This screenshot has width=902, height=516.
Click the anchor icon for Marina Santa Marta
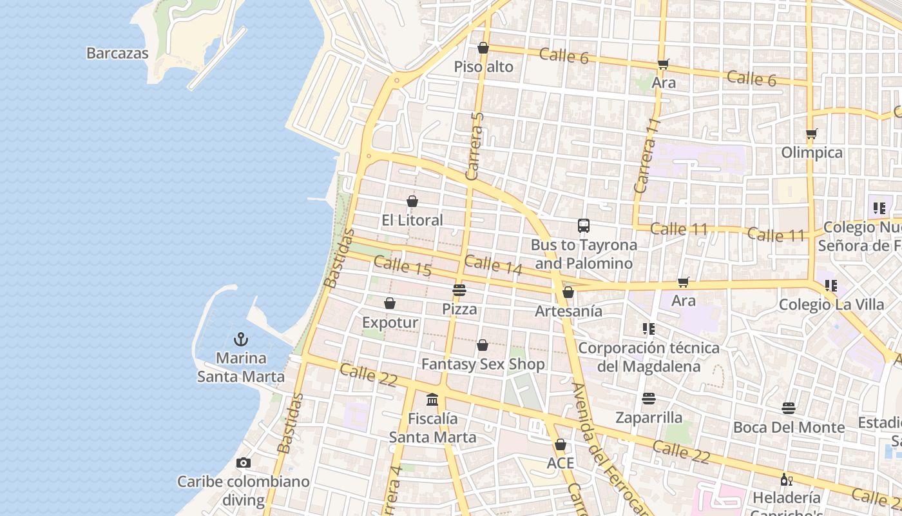tap(241, 339)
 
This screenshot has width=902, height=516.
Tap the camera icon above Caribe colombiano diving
tap(243, 462)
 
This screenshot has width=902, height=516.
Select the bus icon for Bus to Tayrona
tap(584, 226)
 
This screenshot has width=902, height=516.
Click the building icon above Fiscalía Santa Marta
tap(432, 399)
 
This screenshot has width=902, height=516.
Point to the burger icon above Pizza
tap(459, 290)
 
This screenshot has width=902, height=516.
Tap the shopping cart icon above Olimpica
tap(811, 134)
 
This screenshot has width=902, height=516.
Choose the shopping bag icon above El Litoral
tap(412, 201)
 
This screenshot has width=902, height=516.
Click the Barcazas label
tap(117, 54)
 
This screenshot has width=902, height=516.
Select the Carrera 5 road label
tap(475, 146)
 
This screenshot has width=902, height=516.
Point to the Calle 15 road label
tap(403, 266)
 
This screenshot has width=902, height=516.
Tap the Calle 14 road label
tap(493, 264)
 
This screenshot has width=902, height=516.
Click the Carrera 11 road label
tap(647, 156)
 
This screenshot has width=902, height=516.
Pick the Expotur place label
tap(390, 322)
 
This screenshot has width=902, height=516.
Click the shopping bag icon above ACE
tap(560, 444)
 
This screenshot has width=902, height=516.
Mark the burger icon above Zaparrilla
tap(648, 399)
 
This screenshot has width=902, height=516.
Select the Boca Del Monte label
tap(789, 427)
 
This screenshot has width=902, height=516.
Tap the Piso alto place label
tap(483, 67)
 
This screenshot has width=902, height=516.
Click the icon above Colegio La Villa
tap(831, 285)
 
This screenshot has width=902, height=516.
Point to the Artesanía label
tap(569, 311)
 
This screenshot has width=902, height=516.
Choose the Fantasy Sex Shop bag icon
tap(483, 345)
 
